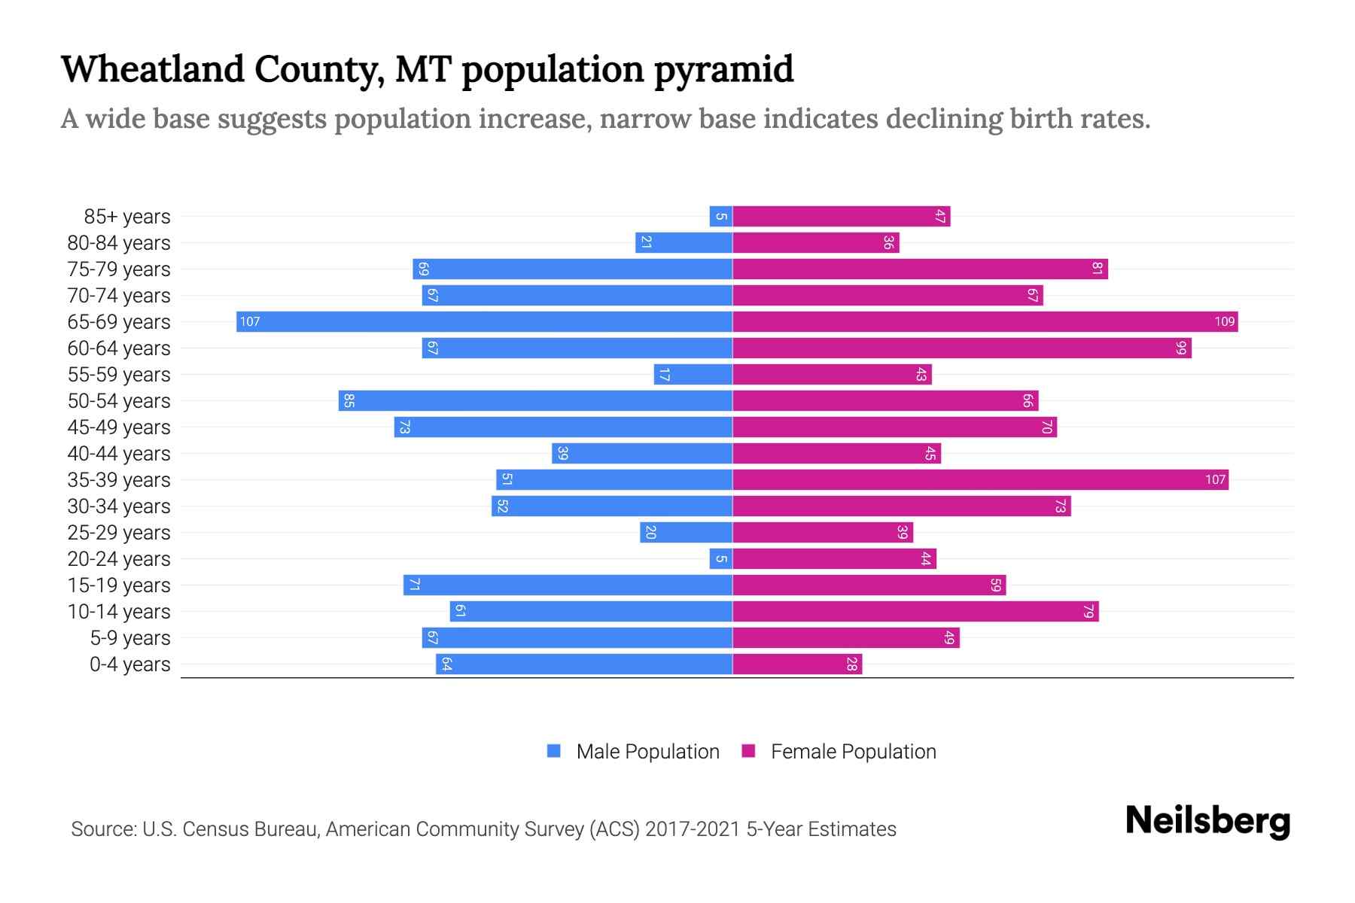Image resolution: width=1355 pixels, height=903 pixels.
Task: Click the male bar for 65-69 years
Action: click(x=484, y=322)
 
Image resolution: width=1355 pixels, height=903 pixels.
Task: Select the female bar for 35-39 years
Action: click(x=980, y=480)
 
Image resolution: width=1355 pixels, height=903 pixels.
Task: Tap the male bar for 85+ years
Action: click(x=720, y=217)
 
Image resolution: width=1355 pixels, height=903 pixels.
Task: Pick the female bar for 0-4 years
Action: click(x=797, y=664)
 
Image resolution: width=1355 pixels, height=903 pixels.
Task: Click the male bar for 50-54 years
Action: click(x=535, y=401)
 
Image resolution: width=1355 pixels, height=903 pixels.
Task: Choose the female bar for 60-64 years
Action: click(x=962, y=348)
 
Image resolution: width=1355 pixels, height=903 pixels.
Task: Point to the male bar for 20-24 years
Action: click(x=720, y=559)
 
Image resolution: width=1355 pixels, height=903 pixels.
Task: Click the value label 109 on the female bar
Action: click(x=1224, y=322)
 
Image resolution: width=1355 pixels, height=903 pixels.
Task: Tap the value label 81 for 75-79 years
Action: click(x=1097, y=269)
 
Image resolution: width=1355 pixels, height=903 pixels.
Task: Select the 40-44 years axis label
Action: click(x=119, y=454)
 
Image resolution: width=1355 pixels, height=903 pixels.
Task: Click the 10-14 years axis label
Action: click(x=119, y=612)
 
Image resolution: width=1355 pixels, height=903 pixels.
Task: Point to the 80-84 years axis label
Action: click(x=119, y=243)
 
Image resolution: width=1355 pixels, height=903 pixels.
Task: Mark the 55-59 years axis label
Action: click(x=119, y=375)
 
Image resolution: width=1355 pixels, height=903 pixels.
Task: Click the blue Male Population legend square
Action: click(x=554, y=751)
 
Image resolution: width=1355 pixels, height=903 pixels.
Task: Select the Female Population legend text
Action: click(x=853, y=752)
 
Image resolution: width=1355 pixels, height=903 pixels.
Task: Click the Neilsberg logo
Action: click(x=1207, y=821)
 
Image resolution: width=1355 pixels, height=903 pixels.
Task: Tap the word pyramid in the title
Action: click(x=723, y=69)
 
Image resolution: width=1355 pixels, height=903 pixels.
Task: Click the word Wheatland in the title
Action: click(x=153, y=69)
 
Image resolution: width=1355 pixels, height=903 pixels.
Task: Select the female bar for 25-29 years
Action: click(x=823, y=533)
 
